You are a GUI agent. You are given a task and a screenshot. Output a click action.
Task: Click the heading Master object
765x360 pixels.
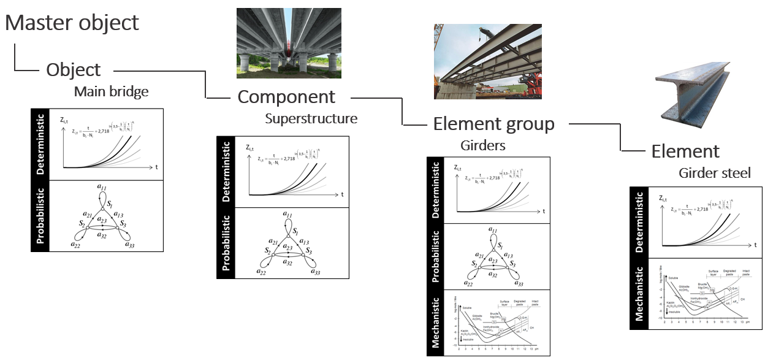(72, 23)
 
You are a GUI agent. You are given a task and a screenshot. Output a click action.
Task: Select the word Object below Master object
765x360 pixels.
(74, 69)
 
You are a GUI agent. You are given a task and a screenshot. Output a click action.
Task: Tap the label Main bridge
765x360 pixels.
(112, 92)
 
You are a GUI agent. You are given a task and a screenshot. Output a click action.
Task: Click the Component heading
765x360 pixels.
(286, 96)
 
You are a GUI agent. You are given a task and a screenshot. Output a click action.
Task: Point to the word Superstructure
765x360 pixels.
(311, 118)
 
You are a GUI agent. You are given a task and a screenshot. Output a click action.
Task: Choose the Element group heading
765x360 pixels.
(493, 124)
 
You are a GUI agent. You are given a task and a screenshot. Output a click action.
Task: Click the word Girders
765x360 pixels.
(483, 146)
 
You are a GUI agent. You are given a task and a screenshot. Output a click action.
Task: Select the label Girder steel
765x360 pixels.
(714, 174)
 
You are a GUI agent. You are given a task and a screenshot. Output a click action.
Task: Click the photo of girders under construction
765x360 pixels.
(487, 61)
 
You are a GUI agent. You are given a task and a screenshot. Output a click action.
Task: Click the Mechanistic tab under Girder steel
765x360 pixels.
(639, 294)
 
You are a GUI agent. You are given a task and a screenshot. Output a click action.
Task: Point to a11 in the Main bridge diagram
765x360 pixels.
(103, 185)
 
